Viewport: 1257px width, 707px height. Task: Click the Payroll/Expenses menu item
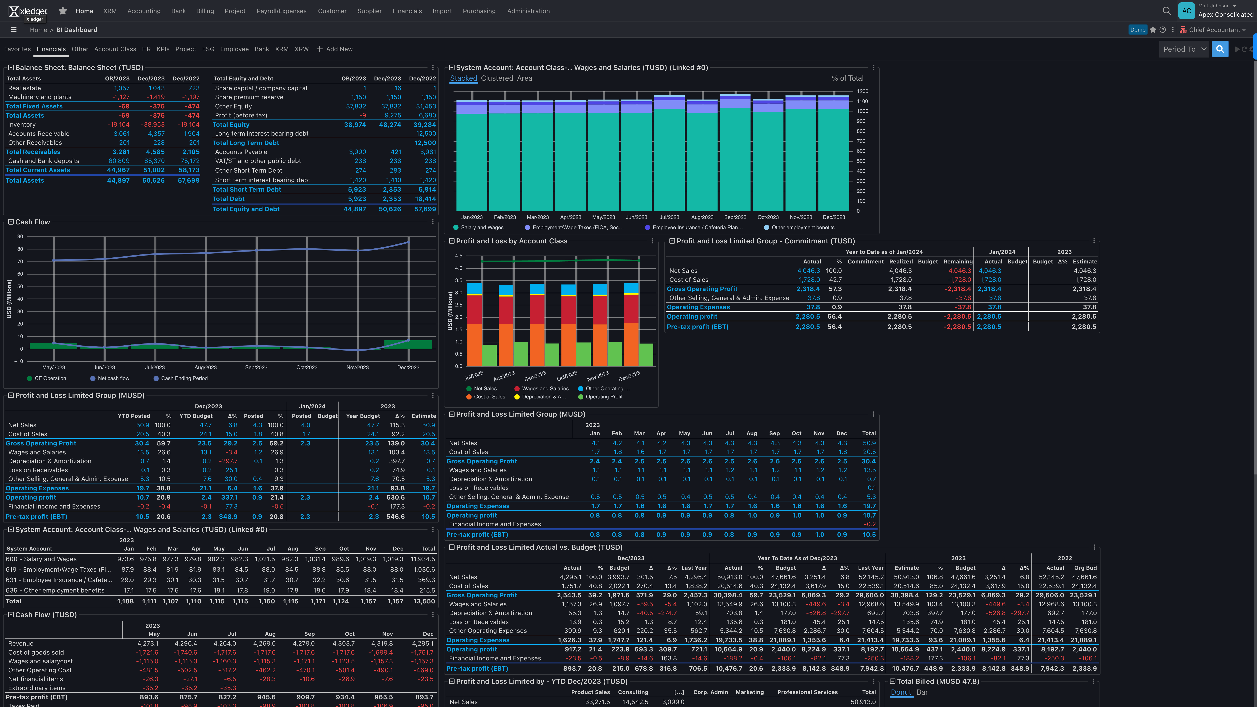(282, 11)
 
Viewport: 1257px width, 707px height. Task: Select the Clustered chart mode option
(497, 78)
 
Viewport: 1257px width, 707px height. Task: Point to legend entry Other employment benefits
(803, 227)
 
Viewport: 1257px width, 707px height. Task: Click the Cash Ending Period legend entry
(184, 378)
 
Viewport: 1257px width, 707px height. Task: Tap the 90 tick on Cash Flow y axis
(20, 237)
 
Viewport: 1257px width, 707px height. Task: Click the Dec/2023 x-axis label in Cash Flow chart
(408, 367)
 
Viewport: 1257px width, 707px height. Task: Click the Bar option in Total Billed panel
(922, 692)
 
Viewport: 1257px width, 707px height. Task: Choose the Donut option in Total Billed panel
(901, 692)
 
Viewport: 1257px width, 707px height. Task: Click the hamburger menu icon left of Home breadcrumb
(14, 30)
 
